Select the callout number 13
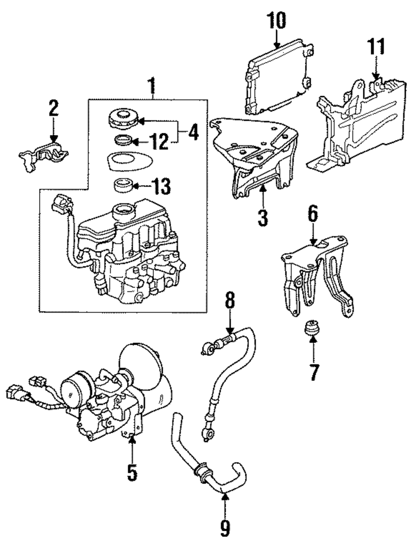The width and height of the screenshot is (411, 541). [x=160, y=187]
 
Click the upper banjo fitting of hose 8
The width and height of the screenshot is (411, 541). [x=207, y=348]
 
